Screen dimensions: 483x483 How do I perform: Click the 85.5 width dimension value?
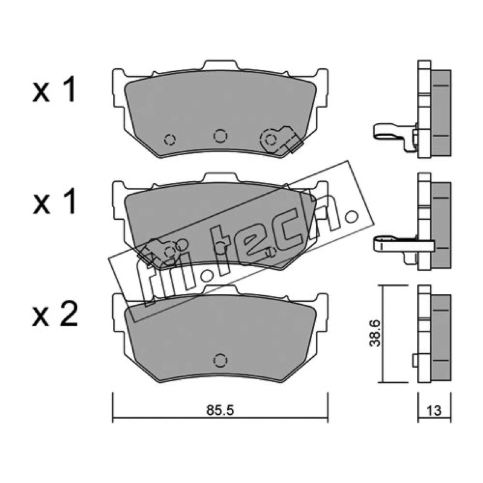[x=220, y=411]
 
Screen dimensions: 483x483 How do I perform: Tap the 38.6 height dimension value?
[x=375, y=333]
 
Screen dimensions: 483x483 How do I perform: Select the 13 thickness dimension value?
[x=434, y=411]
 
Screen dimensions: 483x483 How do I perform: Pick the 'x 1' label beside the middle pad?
[x=54, y=202]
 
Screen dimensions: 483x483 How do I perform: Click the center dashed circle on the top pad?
[x=220, y=135]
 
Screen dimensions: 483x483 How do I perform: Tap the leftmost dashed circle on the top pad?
[x=170, y=139]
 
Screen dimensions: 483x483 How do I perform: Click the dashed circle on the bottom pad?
[x=220, y=360]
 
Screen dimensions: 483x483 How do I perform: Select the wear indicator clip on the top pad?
[x=281, y=139]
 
